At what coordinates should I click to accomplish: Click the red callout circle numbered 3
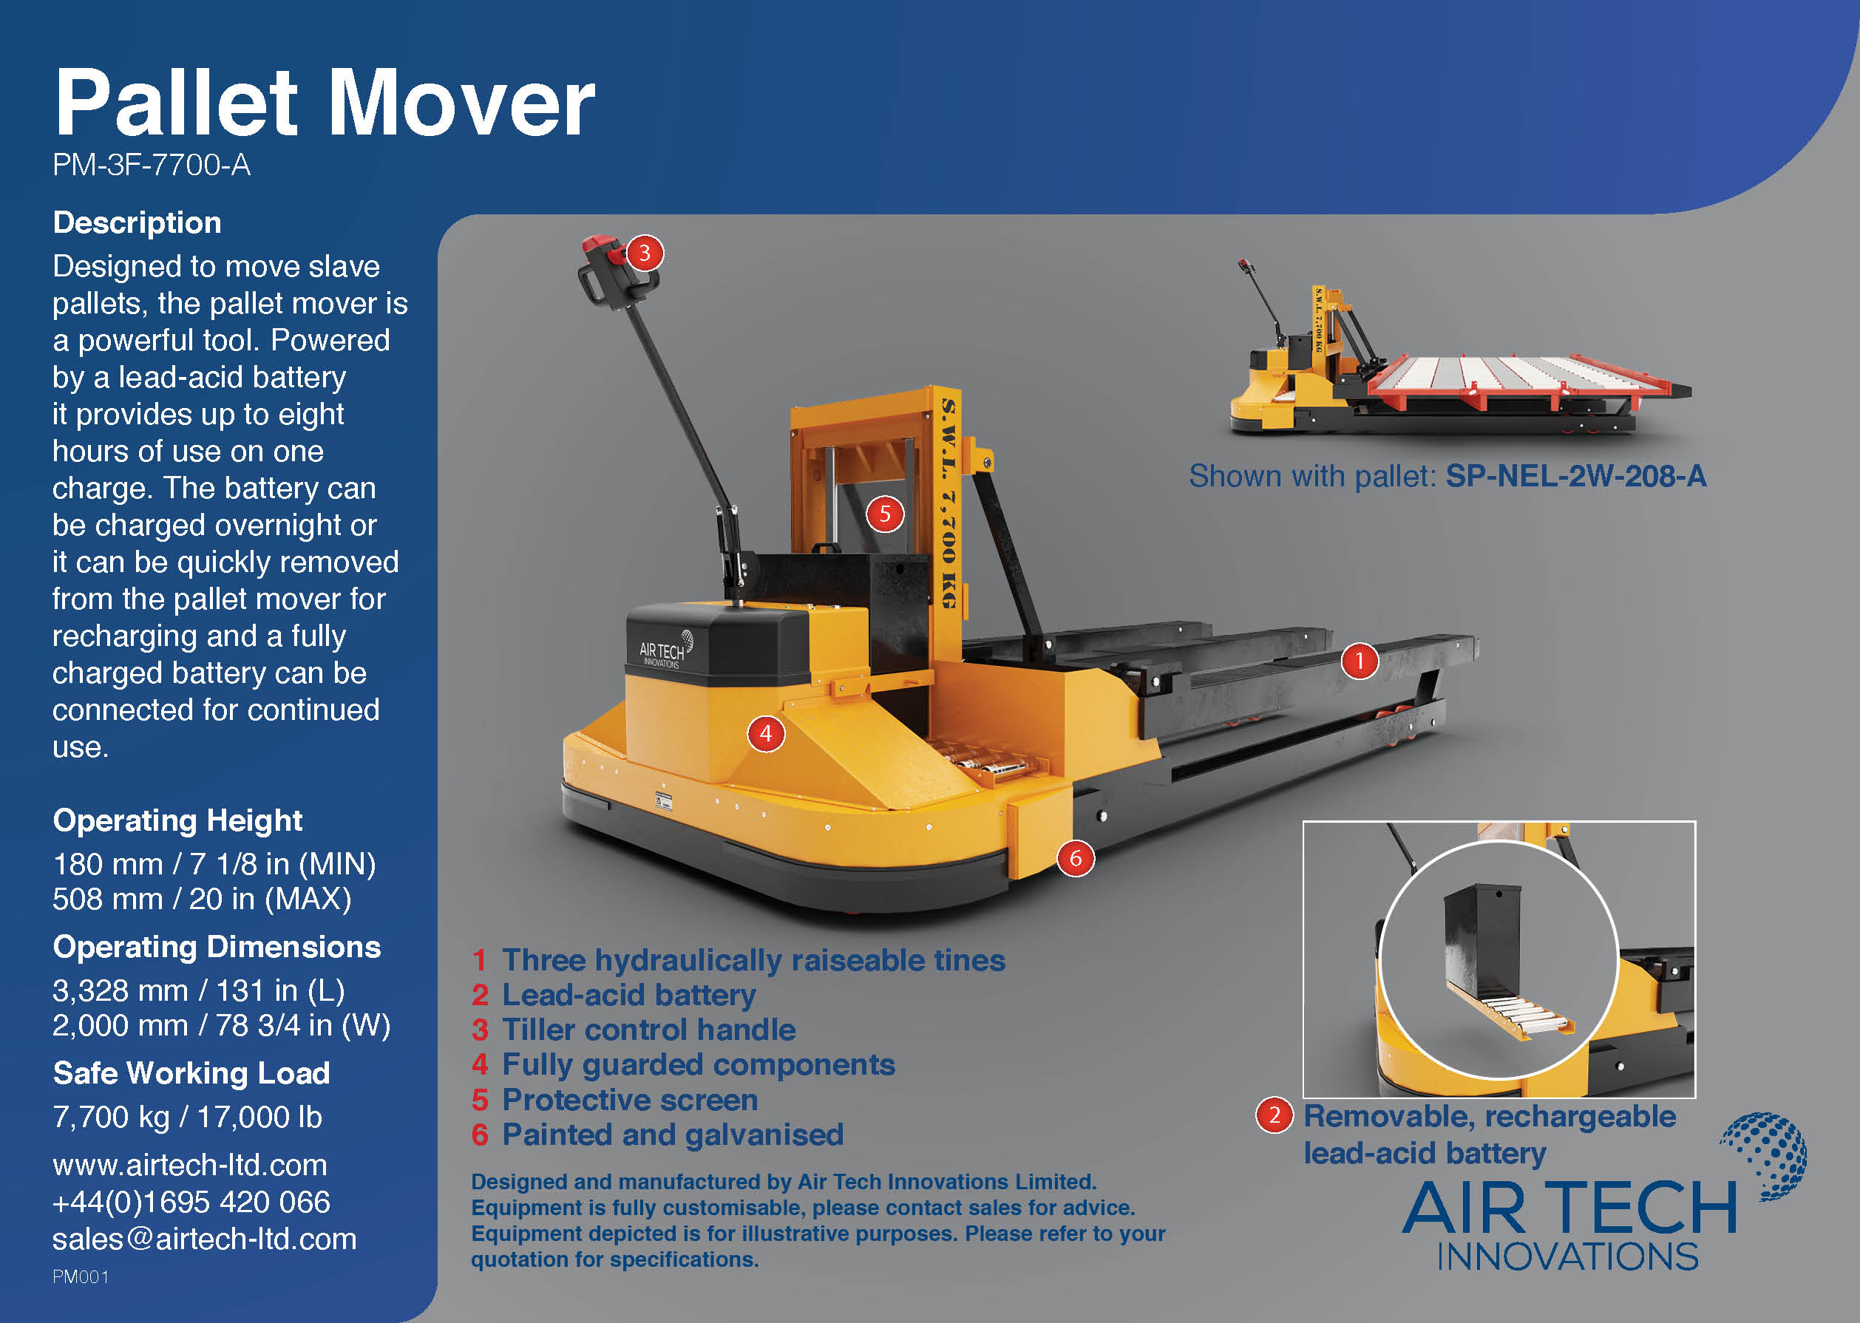pos(645,254)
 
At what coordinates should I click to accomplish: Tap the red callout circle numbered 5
pos(885,514)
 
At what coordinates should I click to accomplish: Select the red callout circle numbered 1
pos(1359,661)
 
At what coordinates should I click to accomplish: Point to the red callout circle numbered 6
pos(1076,858)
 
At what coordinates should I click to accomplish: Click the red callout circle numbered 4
pos(766,734)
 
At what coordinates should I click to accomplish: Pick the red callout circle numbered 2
pos(1274,1115)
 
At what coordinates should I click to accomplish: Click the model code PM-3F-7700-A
pos(152,166)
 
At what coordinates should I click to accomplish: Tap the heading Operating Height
pos(177,820)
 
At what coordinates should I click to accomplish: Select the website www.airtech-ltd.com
pos(190,1165)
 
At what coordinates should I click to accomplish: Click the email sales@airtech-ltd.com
pos(205,1239)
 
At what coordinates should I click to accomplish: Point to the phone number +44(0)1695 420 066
pos(191,1203)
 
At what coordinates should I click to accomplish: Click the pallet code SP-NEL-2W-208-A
pos(1575,477)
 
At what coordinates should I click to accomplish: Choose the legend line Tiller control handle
pos(648,1030)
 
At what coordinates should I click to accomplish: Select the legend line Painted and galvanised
pos(672,1135)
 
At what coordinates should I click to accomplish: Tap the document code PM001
pos(81,1276)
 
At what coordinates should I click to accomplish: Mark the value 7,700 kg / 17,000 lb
pos(187,1117)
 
